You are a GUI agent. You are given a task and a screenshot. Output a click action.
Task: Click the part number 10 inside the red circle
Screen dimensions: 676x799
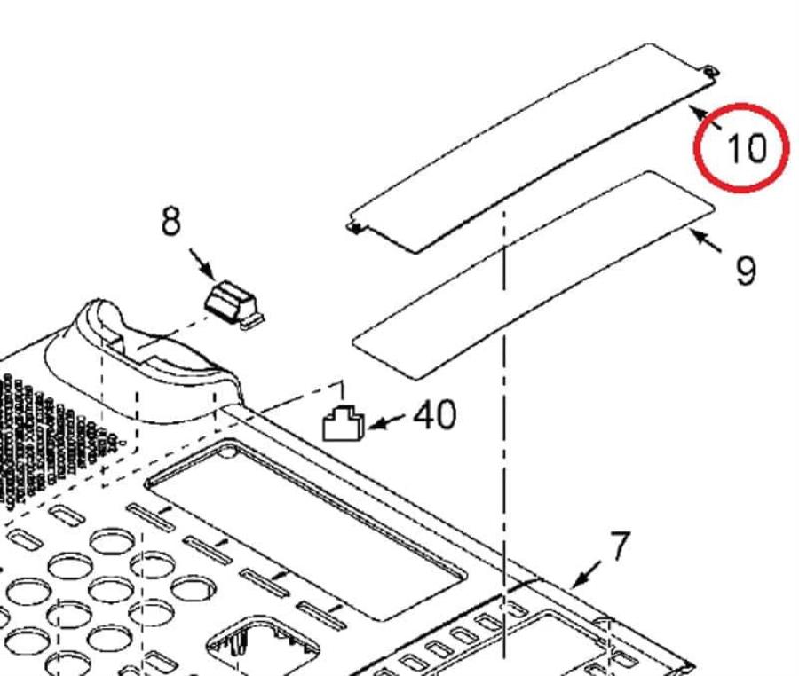[746, 147]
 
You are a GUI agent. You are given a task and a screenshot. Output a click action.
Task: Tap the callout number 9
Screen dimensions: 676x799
[746, 270]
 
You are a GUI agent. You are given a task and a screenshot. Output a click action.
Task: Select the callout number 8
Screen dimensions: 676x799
[171, 221]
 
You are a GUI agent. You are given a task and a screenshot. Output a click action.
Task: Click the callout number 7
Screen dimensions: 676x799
[619, 545]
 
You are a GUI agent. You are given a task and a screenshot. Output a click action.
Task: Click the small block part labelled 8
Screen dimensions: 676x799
[234, 301]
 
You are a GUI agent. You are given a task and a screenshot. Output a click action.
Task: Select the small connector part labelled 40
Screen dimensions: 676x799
[342, 425]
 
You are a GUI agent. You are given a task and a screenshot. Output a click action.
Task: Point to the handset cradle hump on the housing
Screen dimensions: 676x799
[142, 350]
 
